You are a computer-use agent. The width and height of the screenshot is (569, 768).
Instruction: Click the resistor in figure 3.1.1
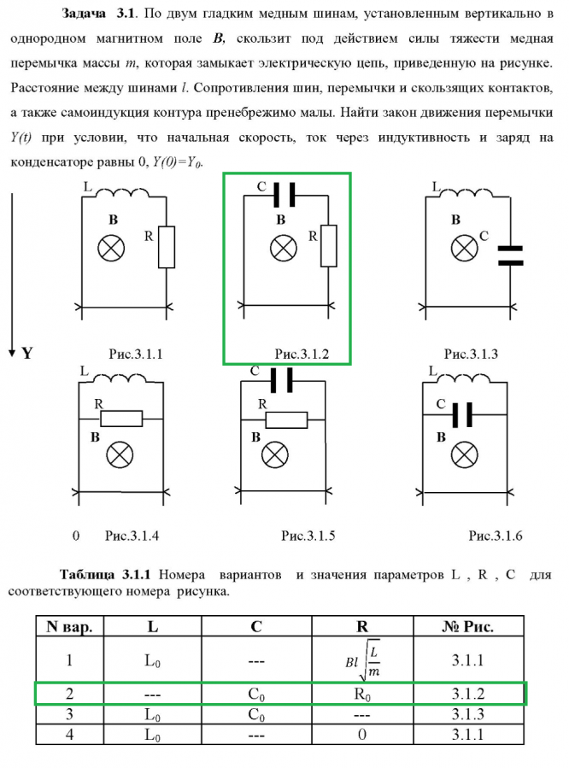coord(168,249)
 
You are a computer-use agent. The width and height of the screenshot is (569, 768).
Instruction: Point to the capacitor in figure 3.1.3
coord(509,255)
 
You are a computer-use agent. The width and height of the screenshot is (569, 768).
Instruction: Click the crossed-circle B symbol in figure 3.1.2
coord(284,249)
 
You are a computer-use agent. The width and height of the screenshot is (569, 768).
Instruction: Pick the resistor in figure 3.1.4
coord(120,419)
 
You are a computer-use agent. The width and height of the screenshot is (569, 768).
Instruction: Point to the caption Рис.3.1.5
coord(308,536)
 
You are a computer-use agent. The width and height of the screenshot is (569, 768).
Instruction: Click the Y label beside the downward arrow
coord(26,353)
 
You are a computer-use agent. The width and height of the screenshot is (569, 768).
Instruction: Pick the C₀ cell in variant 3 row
coord(255,716)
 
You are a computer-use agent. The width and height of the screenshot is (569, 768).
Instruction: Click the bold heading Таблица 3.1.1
coord(106,574)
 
